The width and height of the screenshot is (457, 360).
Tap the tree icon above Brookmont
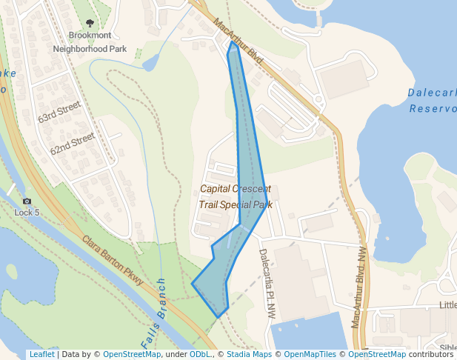[x=90, y=24]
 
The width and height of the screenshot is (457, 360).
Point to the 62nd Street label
[x=72, y=143]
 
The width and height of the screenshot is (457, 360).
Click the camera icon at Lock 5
[x=27, y=201]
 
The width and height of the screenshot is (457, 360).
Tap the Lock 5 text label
[x=27, y=213]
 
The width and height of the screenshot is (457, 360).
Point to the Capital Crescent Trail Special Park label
[x=236, y=196]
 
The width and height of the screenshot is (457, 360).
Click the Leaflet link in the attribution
[x=41, y=355]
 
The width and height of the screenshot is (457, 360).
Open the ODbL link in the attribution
[x=199, y=355]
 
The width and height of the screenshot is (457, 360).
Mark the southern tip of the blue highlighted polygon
[x=218, y=317]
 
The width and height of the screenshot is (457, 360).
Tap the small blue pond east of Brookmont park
[x=150, y=62]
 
